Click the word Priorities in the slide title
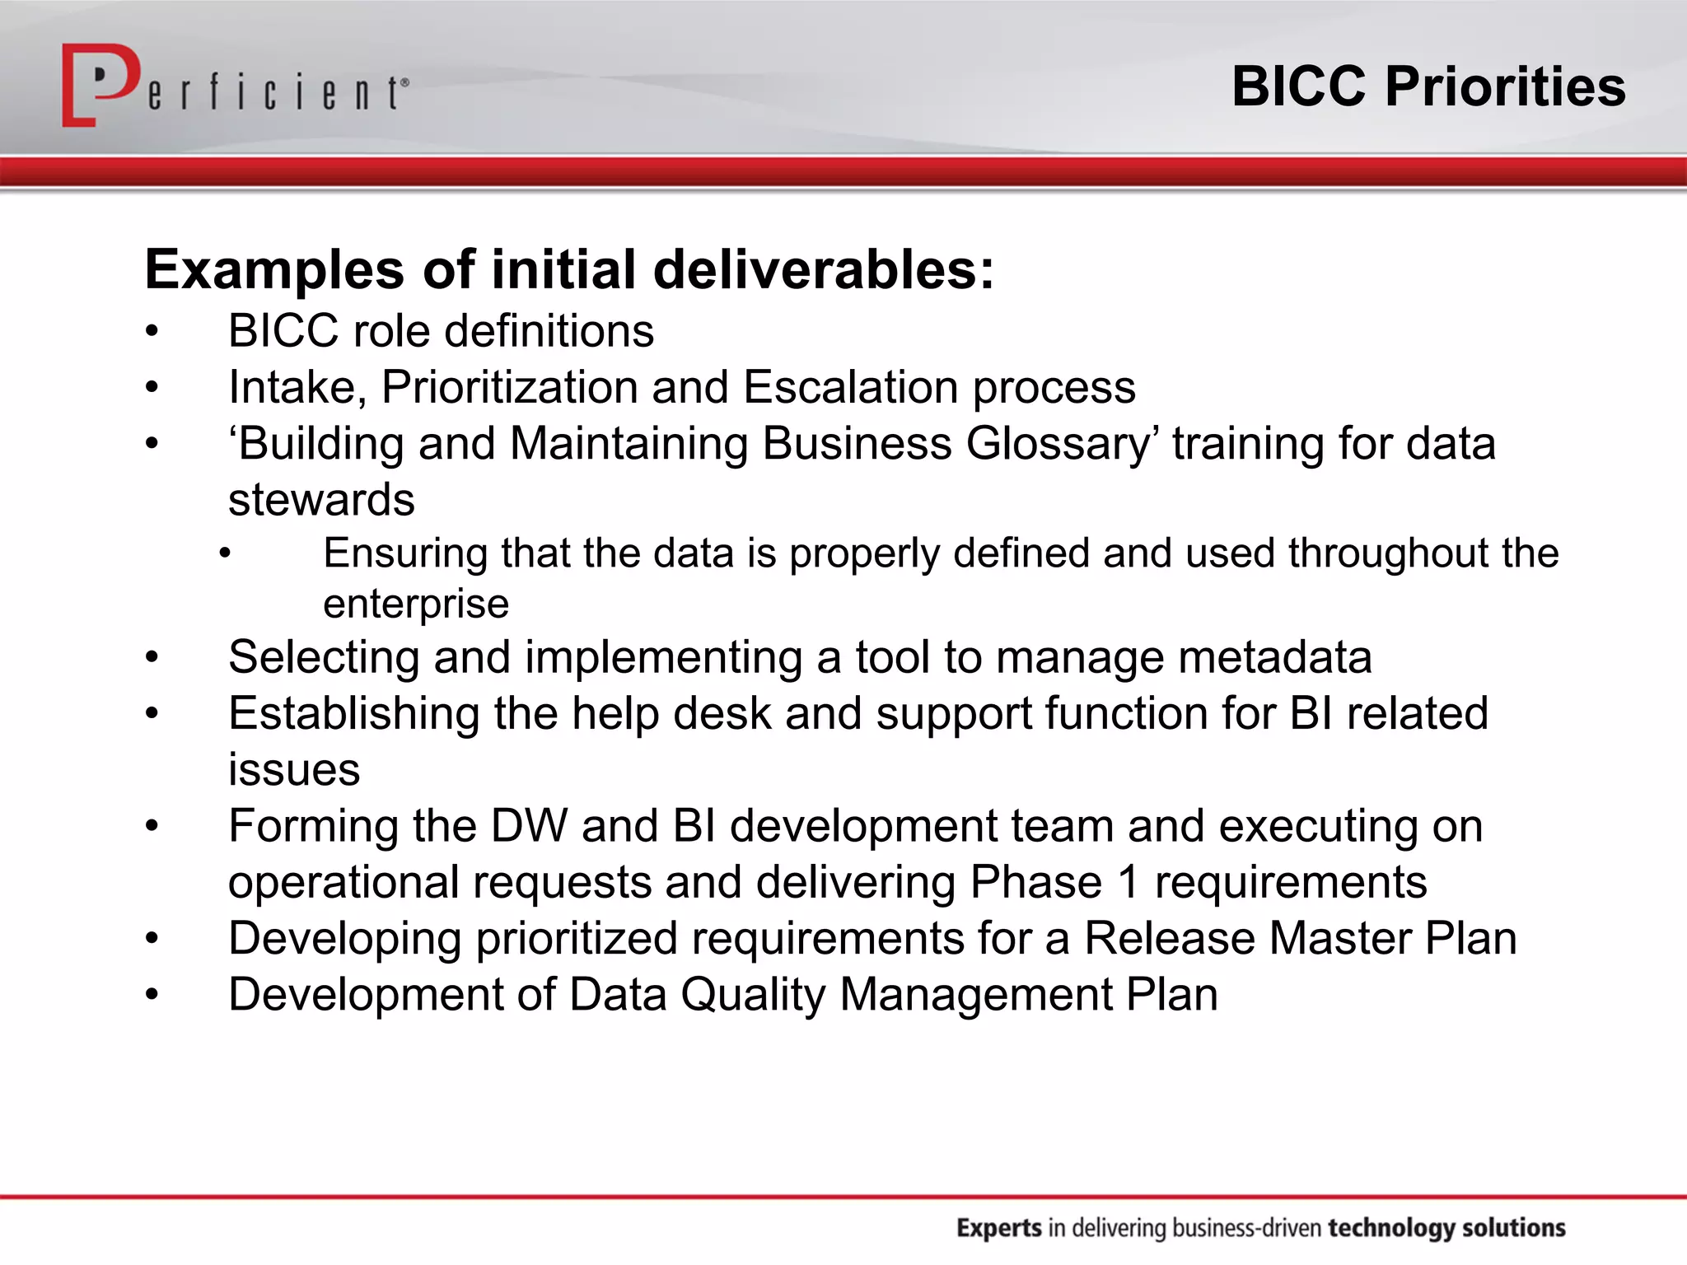click(1505, 86)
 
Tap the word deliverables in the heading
click(825, 270)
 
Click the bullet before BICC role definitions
click(152, 332)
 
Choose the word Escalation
click(851, 387)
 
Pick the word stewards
click(321, 500)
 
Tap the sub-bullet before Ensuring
click(225, 553)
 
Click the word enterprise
click(416, 604)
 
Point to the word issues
click(294, 770)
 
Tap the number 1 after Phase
click(1129, 882)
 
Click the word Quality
click(753, 995)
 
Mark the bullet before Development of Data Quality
click(152, 996)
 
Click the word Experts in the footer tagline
click(999, 1228)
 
